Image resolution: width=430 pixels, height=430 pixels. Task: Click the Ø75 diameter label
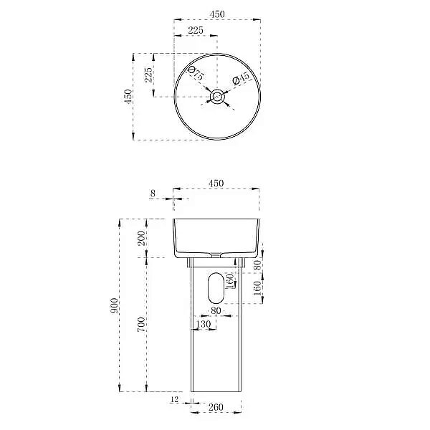pos(196,73)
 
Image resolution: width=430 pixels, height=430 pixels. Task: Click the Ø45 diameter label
pos(241,78)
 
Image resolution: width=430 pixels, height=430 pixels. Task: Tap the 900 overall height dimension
pos(114,306)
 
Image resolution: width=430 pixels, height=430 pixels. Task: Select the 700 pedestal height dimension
pos(141,325)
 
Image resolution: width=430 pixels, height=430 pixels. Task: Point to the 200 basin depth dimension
pos(141,238)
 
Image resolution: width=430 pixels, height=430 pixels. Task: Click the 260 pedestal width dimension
pos(216,407)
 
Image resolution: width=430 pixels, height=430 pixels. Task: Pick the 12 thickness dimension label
pos(174,399)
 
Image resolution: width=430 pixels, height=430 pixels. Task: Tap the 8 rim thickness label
pos(153,193)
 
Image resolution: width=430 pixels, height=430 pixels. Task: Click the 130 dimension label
pos(204,324)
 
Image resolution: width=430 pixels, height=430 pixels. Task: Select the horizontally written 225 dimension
pos(196,30)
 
